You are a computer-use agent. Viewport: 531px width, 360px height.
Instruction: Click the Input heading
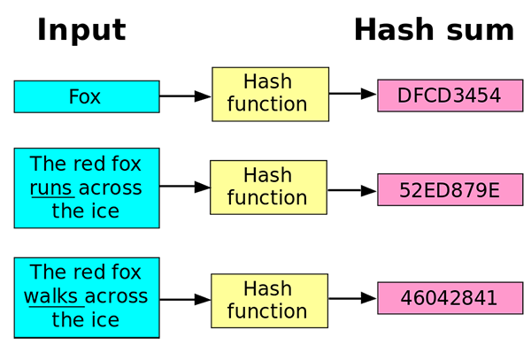click(81, 30)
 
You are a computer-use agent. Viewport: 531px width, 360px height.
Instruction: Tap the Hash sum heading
click(433, 30)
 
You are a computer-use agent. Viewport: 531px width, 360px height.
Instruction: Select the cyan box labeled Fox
click(86, 96)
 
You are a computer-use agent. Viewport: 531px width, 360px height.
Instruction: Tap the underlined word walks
click(52, 296)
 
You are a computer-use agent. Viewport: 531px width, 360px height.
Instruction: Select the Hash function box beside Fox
click(270, 93)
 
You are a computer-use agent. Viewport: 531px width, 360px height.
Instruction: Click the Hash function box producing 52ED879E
click(267, 187)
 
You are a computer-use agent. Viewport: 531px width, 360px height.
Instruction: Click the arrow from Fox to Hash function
click(185, 96)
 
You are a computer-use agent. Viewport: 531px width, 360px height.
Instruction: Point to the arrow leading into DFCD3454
click(353, 93)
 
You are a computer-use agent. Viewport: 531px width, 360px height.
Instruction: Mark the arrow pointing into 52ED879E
click(351, 189)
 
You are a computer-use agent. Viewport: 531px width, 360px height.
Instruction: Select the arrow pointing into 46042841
click(352, 298)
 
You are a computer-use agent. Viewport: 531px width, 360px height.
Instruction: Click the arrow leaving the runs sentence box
click(184, 187)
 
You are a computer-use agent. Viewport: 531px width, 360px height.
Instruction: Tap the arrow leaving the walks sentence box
click(185, 298)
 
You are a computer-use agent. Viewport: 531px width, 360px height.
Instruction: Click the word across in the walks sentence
click(116, 296)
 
